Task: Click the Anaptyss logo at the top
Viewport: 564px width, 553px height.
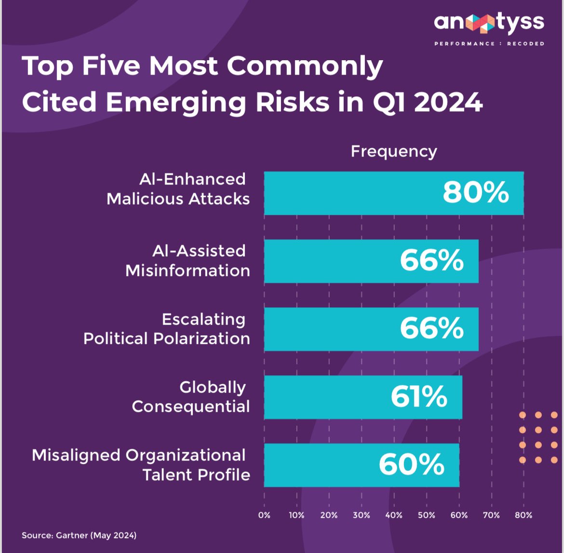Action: [x=489, y=23]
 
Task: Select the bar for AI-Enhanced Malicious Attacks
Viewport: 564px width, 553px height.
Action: [x=393, y=193]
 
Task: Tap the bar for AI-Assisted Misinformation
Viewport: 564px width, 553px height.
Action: [x=371, y=261]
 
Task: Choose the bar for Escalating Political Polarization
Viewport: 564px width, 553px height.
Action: [x=371, y=329]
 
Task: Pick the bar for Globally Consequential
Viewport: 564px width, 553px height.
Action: [x=363, y=397]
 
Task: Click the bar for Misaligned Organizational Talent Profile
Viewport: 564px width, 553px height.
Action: [x=362, y=465]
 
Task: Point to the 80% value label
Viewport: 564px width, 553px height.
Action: [x=475, y=193]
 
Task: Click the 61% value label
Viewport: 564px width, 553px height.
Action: [x=418, y=397]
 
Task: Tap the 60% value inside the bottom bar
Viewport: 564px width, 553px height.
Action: [x=411, y=465]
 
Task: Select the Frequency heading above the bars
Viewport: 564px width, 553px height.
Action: [x=394, y=151]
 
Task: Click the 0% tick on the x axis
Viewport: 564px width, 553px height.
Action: [x=264, y=515]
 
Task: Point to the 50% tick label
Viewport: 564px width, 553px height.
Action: [x=426, y=515]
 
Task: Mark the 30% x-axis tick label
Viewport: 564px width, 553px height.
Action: [x=362, y=515]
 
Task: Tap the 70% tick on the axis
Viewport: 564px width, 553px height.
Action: [x=491, y=515]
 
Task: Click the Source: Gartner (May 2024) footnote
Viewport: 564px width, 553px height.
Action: [x=79, y=535]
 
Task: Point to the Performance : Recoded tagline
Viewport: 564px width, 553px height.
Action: [x=489, y=44]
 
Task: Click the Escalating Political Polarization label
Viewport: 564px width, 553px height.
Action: [x=166, y=329]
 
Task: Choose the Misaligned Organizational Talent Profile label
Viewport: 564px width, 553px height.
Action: [x=141, y=465]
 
